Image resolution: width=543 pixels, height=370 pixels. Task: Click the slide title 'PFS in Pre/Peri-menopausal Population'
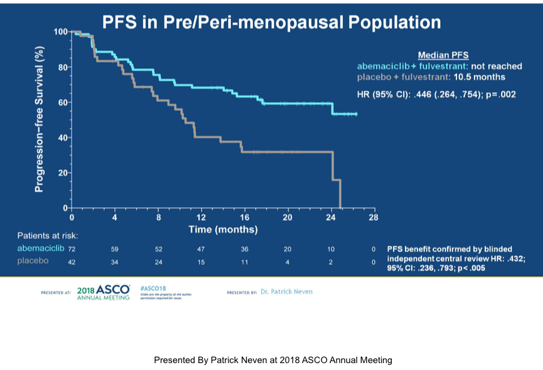(271, 23)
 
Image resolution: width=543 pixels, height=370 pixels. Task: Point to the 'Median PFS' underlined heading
(444, 55)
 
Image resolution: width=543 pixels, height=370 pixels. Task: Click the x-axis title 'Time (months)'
(223, 230)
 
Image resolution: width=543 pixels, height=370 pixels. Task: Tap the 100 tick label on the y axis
(60, 31)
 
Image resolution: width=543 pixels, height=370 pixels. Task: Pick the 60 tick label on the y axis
(63, 102)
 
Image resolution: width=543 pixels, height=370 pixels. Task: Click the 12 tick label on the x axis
(201, 218)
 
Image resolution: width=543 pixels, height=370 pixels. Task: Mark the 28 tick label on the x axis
(374, 218)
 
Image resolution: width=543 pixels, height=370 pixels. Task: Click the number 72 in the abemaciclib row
(72, 249)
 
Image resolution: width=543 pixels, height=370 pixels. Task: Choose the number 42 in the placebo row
(72, 262)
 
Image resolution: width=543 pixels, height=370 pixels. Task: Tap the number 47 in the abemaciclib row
(201, 249)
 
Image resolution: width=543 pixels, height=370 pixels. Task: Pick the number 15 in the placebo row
(201, 262)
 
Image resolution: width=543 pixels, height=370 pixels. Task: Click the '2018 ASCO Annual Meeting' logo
(103, 292)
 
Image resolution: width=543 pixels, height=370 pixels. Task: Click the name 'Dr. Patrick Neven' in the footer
(286, 292)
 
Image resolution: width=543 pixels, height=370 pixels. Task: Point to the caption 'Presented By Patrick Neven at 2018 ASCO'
(272, 360)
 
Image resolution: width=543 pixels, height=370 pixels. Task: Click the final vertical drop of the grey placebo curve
(340, 194)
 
